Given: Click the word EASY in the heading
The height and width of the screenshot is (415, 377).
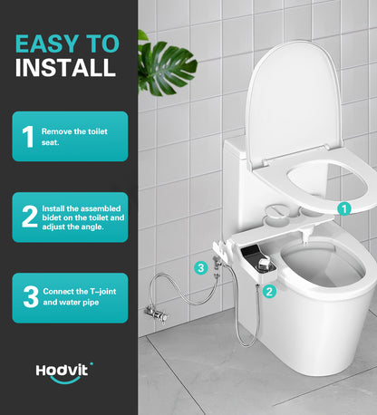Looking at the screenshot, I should (x=52, y=43).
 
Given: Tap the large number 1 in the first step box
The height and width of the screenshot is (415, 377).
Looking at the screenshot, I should (x=28, y=136).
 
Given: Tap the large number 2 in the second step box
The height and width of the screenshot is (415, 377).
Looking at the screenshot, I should (x=29, y=217).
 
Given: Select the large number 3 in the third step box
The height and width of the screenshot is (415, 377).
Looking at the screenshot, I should (x=29, y=297).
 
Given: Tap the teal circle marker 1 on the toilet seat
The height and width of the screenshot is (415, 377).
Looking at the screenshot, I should (x=343, y=207).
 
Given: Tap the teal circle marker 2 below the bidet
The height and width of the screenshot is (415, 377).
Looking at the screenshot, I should (x=269, y=291).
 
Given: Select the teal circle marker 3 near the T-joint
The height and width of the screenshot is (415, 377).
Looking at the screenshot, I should (x=201, y=267).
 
